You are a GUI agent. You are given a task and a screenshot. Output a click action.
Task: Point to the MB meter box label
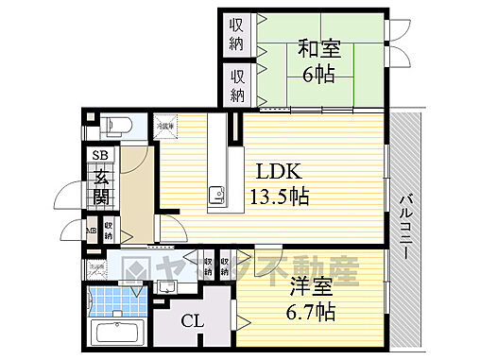pos(92,229)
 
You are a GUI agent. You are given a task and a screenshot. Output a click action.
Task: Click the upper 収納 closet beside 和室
pos(237,35)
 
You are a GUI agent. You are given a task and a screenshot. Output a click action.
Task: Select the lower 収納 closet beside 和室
pos(237,84)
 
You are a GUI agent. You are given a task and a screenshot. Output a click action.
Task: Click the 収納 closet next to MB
pos(110,229)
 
